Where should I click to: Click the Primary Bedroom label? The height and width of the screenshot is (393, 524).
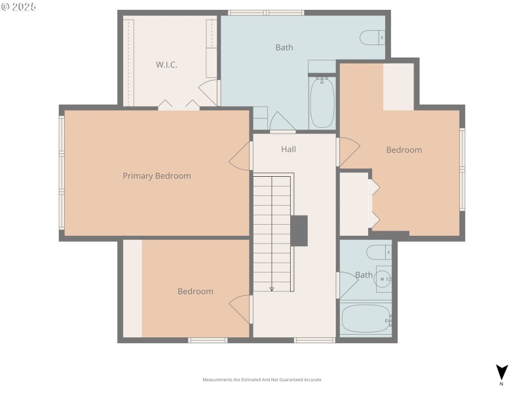point(157,176)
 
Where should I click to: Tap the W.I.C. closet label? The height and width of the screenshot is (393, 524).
point(166,64)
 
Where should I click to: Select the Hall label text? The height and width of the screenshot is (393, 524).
point(288,149)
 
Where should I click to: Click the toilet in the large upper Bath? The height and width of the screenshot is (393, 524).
point(372,37)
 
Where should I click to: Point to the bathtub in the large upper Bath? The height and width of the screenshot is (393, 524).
point(322,103)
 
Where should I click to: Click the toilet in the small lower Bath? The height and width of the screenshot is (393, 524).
point(379,252)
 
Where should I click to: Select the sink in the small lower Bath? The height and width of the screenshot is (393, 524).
point(384,280)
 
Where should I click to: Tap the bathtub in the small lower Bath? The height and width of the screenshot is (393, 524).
point(365,319)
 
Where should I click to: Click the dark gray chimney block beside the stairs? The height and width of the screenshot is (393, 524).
point(299,231)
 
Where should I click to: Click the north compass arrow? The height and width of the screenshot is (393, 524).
point(502,372)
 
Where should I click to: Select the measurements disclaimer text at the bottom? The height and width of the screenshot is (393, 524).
point(262,380)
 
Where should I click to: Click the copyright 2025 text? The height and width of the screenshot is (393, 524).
point(18,7)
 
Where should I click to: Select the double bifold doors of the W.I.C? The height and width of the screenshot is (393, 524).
point(178,104)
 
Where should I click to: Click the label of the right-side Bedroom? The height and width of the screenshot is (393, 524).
point(403,150)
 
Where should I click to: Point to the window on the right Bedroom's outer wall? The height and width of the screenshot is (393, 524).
point(462,169)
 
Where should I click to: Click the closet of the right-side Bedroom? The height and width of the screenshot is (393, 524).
point(354,204)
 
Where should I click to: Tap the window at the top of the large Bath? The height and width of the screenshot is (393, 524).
point(266,12)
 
